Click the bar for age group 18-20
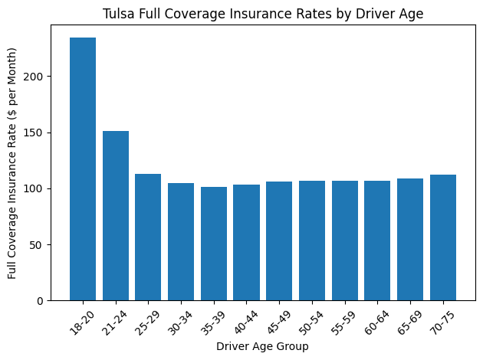tap(83, 169)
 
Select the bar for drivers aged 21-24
tap(116, 215)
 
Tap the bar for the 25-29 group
tap(148, 237)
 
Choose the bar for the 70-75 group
tap(443, 237)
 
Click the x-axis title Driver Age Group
tap(262, 347)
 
